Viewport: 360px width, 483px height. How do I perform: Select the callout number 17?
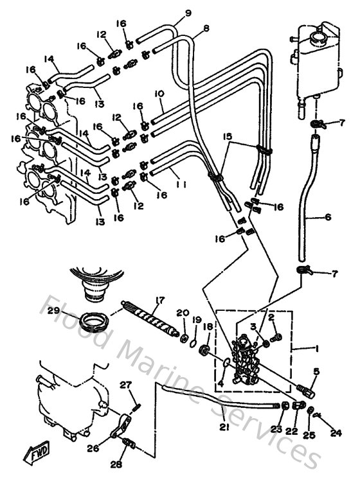pos(159,300)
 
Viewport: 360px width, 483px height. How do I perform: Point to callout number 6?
pos(328,218)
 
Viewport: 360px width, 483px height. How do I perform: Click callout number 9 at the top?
pos(170,12)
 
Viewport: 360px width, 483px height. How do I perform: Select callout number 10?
pos(159,94)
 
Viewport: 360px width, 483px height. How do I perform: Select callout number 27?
pos(126,385)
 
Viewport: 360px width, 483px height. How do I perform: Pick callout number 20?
pos(183,312)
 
